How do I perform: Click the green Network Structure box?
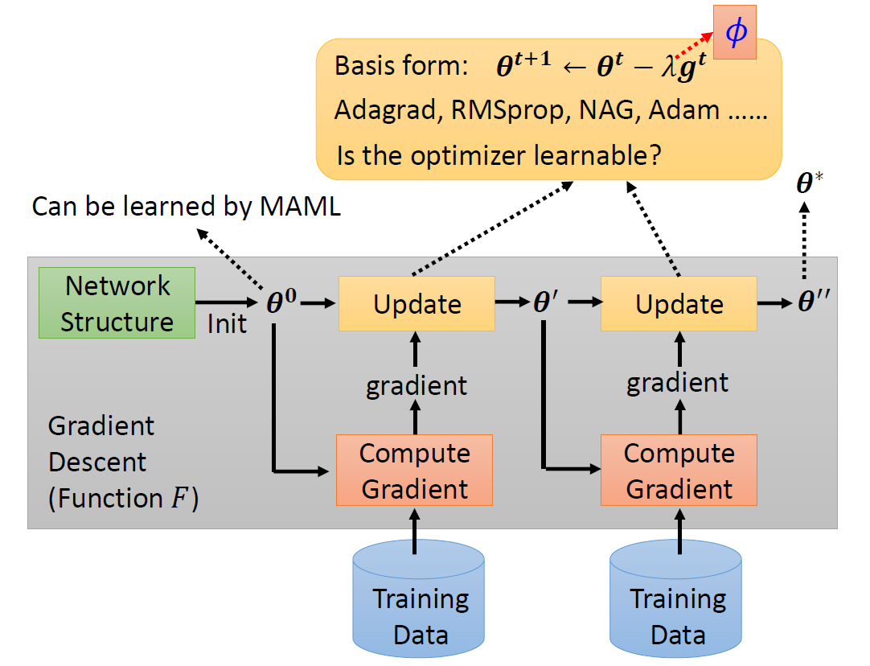click(x=117, y=303)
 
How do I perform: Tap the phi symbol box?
click(x=735, y=31)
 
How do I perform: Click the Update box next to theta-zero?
click(x=417, y=304)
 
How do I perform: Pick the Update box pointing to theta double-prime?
click(x=679, y=304)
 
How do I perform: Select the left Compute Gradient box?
click(x=414, y=470)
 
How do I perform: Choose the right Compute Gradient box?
click(x=679, y=470)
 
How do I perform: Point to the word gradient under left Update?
click(x=416, y=385)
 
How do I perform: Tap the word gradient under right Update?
click(x=677, y=382)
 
